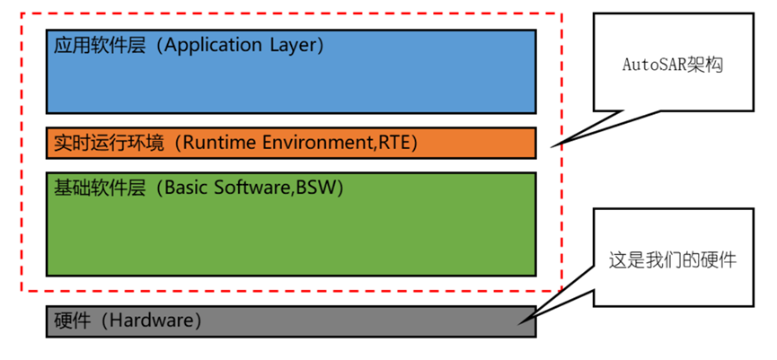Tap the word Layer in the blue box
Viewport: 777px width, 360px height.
pos(294,45)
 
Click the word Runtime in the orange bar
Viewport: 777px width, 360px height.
pos(221,143)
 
